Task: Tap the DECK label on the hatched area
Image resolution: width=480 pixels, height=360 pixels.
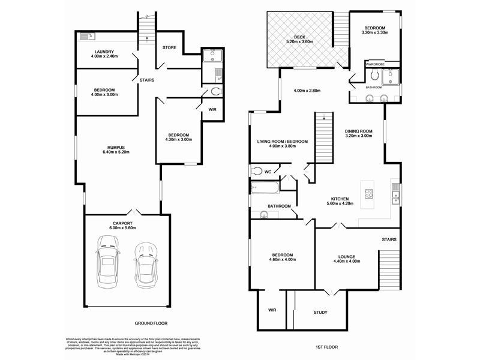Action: (x=300, y=37)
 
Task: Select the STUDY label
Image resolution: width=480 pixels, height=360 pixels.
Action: (x=321, y=313)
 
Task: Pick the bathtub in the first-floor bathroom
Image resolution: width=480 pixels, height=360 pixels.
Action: (x=265, y=188)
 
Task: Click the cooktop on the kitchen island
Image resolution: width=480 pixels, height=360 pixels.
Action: (x=370, y=194)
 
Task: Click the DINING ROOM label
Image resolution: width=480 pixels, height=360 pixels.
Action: (x=359, y=134)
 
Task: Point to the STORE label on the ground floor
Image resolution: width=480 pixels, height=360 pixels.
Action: (x=169, y=47)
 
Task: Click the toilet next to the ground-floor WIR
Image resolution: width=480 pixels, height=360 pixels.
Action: (x=216, y=92)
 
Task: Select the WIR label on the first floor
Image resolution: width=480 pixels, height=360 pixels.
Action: (x=272, y=310)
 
